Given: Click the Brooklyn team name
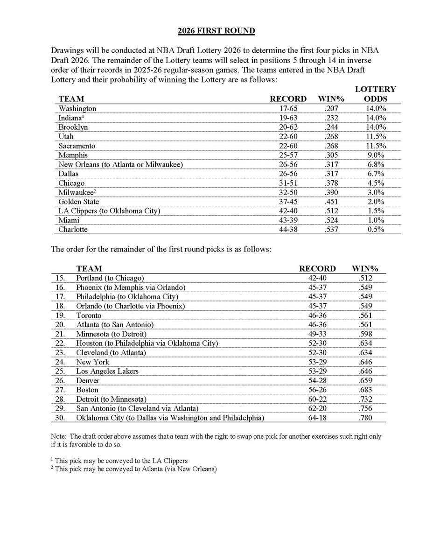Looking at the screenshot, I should pyautogui.click(x=73, y=126).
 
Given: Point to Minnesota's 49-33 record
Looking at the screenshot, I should pyautogui.click(x=317, y=334).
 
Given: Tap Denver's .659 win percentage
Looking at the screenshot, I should pyautogui.click(x=367, y=380).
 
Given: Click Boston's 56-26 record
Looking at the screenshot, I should pyautogui.click(x=317, y=389).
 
